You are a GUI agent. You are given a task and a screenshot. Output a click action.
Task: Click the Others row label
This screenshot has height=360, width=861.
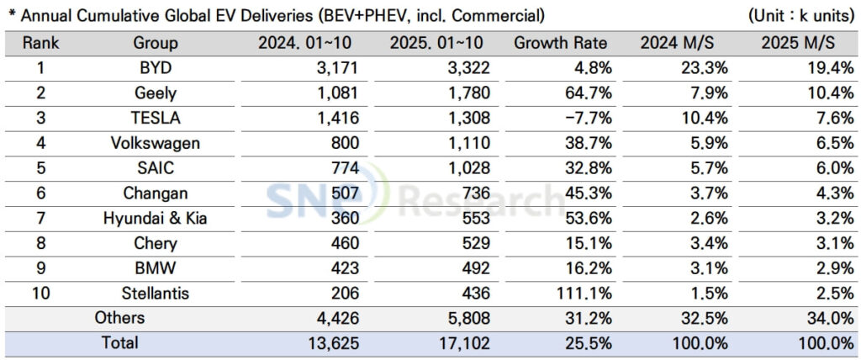120,318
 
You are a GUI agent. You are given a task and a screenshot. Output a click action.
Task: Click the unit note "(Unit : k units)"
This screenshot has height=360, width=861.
800,15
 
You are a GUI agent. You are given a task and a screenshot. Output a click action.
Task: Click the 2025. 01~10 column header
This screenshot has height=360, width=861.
433,43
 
